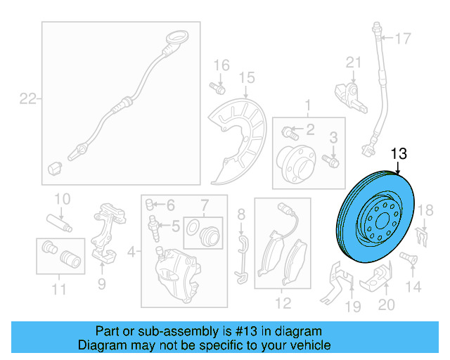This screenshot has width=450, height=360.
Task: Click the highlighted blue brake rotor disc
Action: click(369, 218)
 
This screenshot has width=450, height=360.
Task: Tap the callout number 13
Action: click(399, 153)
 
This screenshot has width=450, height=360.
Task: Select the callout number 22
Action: click(27, 99)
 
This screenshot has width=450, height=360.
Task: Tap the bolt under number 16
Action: click(217, 89)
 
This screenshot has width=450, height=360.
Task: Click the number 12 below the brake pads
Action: click(283, 304)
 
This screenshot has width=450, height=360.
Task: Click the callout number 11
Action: click(58, 289)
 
